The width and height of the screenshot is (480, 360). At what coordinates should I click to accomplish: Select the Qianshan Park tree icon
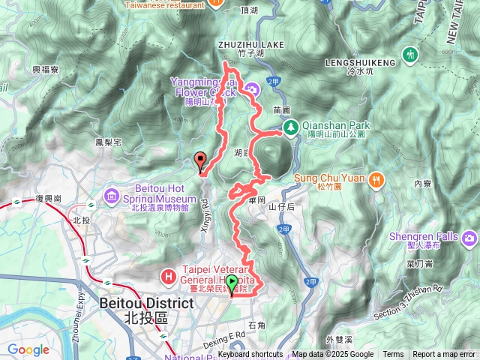290,127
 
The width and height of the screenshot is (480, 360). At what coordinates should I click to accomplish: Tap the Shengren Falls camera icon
469,238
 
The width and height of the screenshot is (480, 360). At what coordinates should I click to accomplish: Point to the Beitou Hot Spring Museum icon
112,196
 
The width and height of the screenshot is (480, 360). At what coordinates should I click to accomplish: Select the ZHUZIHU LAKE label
251,45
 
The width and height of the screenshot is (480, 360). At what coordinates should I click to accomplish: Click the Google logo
28,349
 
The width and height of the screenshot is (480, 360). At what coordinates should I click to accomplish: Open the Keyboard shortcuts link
250,355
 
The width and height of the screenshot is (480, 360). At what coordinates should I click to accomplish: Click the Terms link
393,355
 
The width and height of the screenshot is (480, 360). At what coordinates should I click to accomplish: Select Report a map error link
445,355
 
